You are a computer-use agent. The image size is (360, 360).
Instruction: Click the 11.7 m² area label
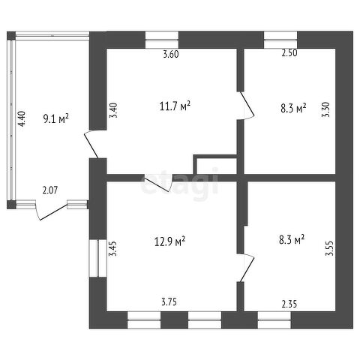coord(175,106)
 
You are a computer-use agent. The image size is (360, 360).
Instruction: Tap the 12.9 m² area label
coord(170,241)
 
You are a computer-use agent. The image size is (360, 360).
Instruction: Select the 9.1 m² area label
coord(56,118)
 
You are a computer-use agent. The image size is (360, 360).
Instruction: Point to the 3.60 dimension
coord(171,54)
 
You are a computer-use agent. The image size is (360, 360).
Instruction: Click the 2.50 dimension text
coord(289,53)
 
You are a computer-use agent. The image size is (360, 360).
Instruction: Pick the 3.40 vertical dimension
coord(113,110)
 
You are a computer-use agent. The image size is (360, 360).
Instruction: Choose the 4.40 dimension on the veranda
coord(22,119)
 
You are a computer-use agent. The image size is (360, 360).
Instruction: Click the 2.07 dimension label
coord(50,190)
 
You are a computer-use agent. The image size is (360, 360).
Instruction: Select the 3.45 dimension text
coord(113,248)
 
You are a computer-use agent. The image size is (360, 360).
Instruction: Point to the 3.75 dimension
coord(169,302)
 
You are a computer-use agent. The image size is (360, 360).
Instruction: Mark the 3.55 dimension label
coord(329,248)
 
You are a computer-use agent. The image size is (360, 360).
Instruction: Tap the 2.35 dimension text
coord(289,304)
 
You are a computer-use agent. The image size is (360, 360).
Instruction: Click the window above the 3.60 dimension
coord(162,40)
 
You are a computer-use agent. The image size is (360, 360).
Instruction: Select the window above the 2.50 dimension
coord(280,40)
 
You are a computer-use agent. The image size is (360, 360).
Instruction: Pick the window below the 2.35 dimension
coord(274,319)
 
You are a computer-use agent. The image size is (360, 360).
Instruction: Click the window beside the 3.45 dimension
coord(98,259)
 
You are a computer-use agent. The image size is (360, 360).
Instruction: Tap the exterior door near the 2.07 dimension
coord(52,210)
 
